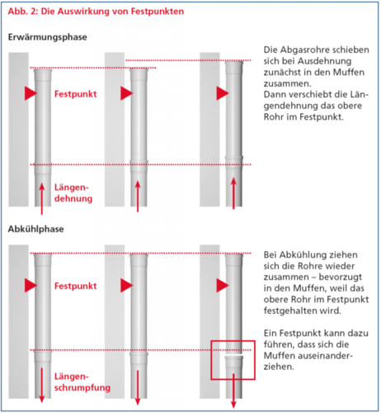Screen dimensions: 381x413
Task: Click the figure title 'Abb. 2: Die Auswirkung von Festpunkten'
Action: click(96, 12)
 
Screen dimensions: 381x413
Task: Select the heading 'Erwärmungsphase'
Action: click(47, 37)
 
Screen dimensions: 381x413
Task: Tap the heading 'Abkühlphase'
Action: click(35, 229)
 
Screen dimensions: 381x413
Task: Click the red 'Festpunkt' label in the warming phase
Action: click(75, 94)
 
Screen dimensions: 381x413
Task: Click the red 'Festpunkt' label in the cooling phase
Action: click(75, 286)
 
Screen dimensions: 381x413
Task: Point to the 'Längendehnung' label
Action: click(73, 192)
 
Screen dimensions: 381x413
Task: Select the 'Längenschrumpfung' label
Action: click(82, 382)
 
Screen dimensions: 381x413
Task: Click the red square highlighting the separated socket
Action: click(211, 360)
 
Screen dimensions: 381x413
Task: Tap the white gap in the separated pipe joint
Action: click(234, 355)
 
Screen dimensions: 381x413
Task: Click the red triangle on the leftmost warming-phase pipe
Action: click(31, 93)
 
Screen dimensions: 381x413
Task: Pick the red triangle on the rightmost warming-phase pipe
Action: click(222, 93)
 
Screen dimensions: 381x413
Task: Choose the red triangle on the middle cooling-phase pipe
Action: click(126, 285)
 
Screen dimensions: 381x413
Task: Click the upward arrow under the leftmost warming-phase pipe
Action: click(42, 199)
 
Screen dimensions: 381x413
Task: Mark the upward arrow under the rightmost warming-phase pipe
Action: click(233, 193)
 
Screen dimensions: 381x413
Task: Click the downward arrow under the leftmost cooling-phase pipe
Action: click(42, 385)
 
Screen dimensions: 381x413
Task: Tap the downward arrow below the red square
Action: click(233, 391)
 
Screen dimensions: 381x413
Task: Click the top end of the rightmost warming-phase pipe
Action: click(234, 62)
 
